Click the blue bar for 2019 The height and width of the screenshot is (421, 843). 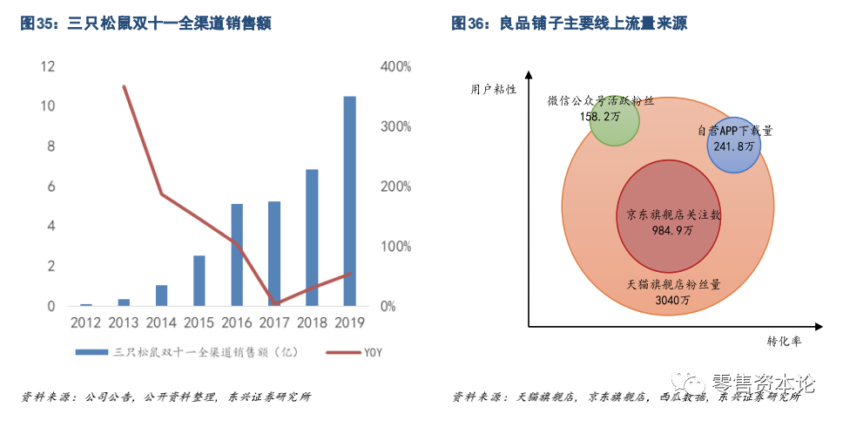coord(349,201)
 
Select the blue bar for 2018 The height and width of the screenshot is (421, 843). coord(312,238)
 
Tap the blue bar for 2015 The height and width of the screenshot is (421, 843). coord(199,281)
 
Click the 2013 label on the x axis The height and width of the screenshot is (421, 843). coord(124,322)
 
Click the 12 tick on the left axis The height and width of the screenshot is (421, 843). coord(48,67)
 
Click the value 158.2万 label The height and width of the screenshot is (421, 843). coord(601,115)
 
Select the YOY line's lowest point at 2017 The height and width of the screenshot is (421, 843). coord(274,304)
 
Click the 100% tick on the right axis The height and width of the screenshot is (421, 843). coord(395,247)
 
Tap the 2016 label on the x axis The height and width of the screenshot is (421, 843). coord(237,322)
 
